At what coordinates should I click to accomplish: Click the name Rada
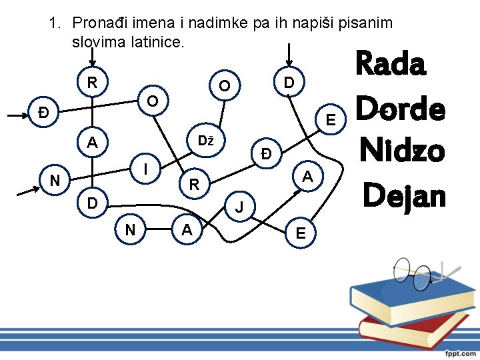391,65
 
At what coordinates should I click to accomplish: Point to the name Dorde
400,109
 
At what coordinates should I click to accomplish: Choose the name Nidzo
400,151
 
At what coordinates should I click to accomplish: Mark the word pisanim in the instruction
366,23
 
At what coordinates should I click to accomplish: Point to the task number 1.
54,23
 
